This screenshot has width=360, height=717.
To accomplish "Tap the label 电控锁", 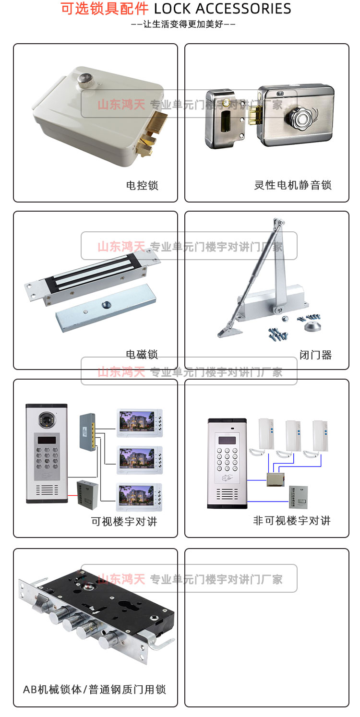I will click(x=142, y=185).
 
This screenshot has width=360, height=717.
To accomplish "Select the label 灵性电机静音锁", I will click(x=293, y=185).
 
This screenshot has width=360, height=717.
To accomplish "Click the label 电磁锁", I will click(x=142, y=355).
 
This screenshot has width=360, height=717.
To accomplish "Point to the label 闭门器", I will click(x=315, y=355).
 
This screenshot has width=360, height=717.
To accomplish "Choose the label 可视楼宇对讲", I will click(x=124, y=521).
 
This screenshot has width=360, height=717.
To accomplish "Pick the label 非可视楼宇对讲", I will click(x=292, y=521).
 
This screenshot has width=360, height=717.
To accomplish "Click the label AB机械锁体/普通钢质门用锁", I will click(x=95, y=690).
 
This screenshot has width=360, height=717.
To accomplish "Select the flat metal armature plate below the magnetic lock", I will click(x=106, y=308).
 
